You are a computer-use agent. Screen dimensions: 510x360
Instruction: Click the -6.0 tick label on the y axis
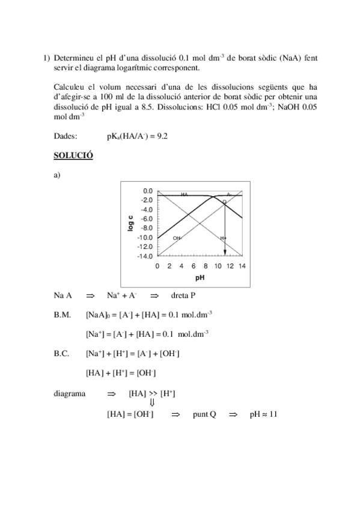click(x=144, y=218)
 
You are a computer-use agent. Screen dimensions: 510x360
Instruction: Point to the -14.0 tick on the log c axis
click(x=143, y=256)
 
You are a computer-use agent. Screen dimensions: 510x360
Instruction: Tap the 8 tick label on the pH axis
click(x=206, y=266)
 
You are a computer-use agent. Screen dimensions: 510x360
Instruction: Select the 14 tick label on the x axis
click(x=242, y=266)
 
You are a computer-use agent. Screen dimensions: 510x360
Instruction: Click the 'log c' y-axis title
click(x=130, y=223)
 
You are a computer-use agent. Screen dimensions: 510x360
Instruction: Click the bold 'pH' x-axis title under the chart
click(x=200, y=278)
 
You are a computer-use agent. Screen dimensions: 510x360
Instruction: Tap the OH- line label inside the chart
click(x=177, y=238)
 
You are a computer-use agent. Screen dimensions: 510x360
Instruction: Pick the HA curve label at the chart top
click(x=185, y=195)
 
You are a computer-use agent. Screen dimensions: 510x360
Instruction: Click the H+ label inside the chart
click(x=222, y=238)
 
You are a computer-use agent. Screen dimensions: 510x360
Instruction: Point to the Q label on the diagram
click(x=224, y=201)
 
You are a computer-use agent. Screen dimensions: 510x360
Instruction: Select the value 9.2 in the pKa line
click(x=160, y=136)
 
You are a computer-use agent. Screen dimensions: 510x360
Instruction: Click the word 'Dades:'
click(x=65, y=136)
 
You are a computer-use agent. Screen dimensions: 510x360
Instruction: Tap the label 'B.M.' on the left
click(x=63, y=314)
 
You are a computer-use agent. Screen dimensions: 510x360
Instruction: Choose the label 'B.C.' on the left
click(x=62, y=354)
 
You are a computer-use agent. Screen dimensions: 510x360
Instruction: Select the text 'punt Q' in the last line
click(x=204, y=414)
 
